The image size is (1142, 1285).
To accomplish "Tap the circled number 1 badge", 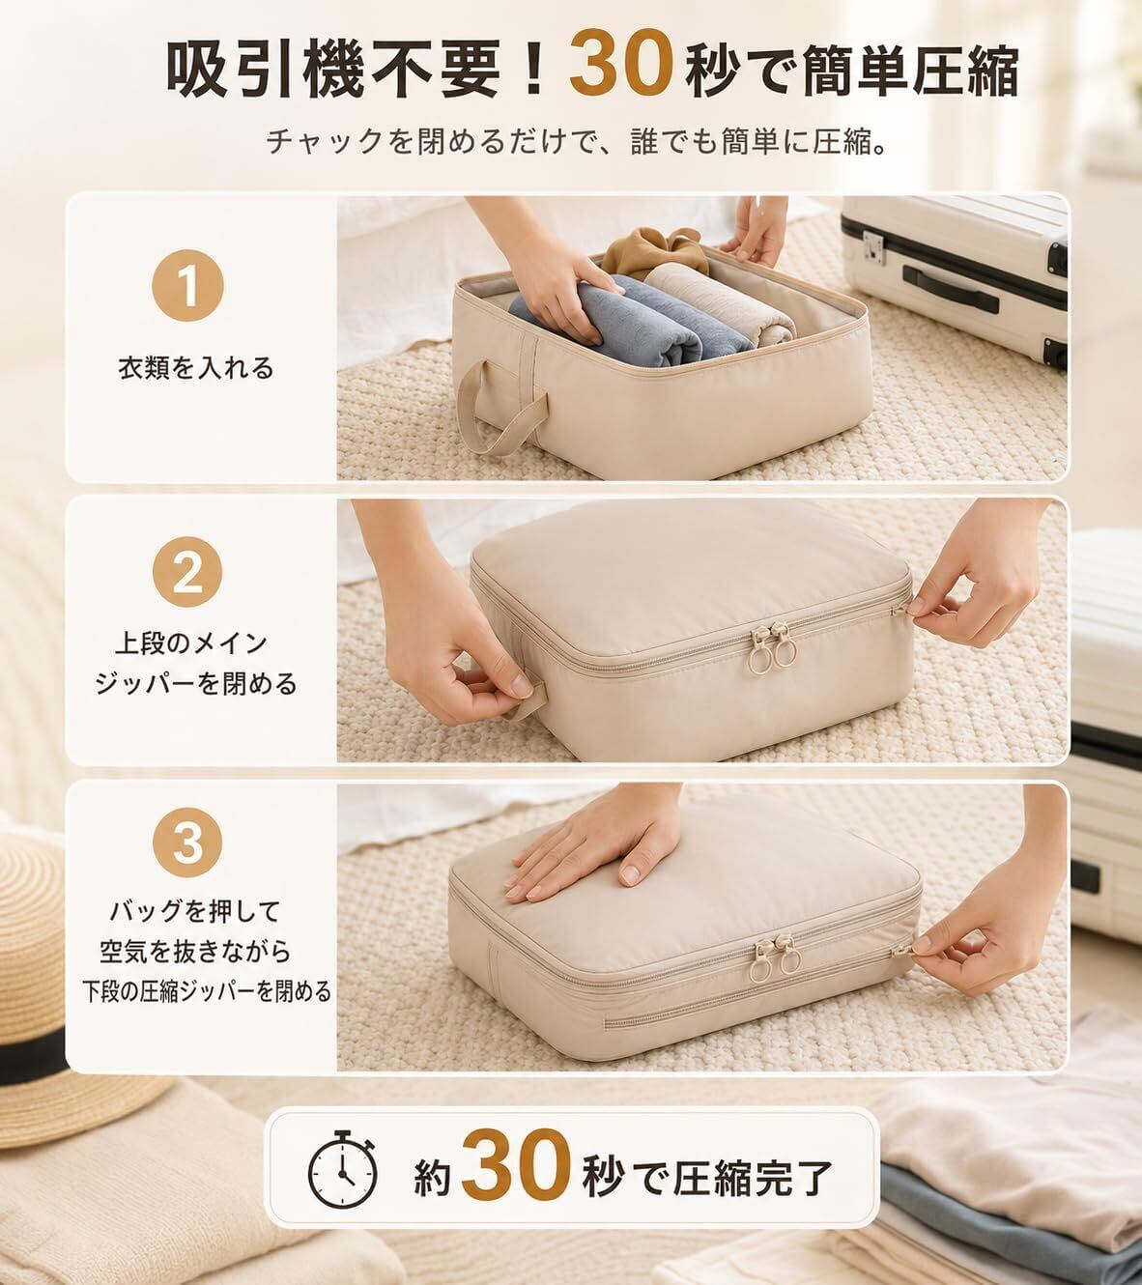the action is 187,286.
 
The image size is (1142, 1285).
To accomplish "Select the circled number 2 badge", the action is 187,572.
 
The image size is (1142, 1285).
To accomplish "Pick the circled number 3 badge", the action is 187,843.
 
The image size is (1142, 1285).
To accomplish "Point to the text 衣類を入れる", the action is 195,368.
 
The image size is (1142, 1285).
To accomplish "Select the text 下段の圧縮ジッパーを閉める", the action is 207,990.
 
